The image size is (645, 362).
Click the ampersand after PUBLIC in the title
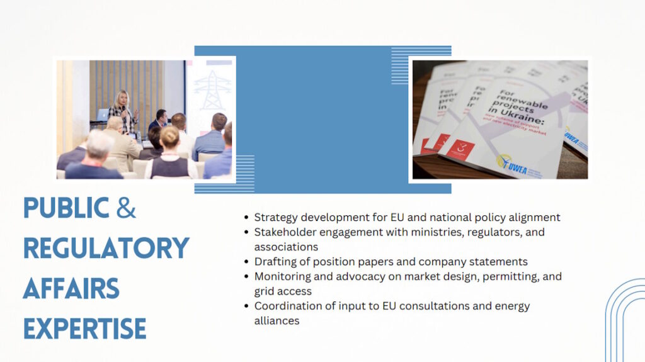click(x=126, y=209)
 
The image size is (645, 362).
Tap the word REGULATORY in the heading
click(x=106, y=249)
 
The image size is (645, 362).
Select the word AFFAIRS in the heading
click(x=71, y=288)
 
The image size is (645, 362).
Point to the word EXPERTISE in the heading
click(x=84, y=328)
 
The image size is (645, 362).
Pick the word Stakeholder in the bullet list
click(x=283, y=232)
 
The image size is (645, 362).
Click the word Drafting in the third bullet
click(x=274, y=261)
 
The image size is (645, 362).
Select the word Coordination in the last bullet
click(x=286, y=306)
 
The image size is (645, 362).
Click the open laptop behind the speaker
click(x=101, y=115)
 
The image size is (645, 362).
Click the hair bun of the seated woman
click(x=169, y=135)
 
